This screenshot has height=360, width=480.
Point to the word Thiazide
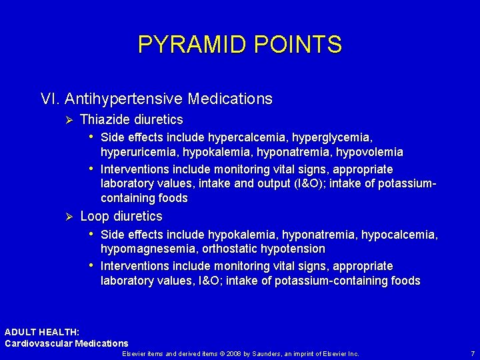104,120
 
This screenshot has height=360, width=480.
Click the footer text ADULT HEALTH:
42,332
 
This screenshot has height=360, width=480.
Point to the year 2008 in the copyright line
231,353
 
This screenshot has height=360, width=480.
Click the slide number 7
473,353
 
